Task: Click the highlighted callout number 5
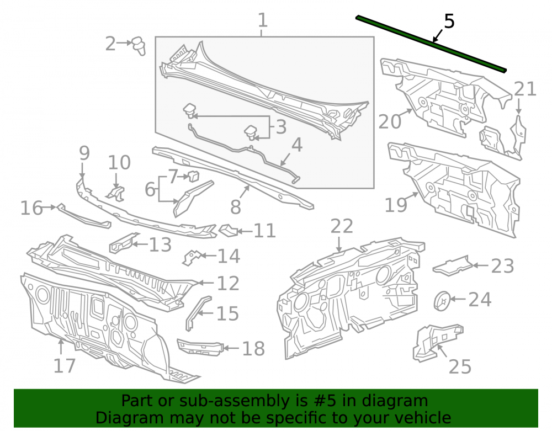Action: pyautogui.click(x=449, y=22)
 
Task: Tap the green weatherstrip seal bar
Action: pyautogui.click(x=431, y=44)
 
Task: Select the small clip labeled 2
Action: pyautogui.click(x=139, y=46)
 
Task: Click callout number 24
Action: pyautogui.click(x=480, y=300)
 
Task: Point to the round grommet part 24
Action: pyautogui.click(x=442, y=301)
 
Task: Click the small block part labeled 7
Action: pyautogui.click(x=194, y=175)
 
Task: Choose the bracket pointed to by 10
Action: pyautogui.click(x=116, y=194)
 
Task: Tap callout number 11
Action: pyautogui.click(x=264, y=231)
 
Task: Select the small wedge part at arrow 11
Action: pyautogui.click(x=228, y=230)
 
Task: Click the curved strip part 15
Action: pyautogui.click(x=197, y=313)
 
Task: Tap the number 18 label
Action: pyautogui.click(x=253, y=349)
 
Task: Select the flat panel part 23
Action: pyautogui.click(x=453, y=266)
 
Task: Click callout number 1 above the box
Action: pyautogui.click(x=263, y=20)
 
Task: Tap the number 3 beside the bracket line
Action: pyautogui.click(x=281, y=127)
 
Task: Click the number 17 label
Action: pyautogui.click(x=65, y=366)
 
